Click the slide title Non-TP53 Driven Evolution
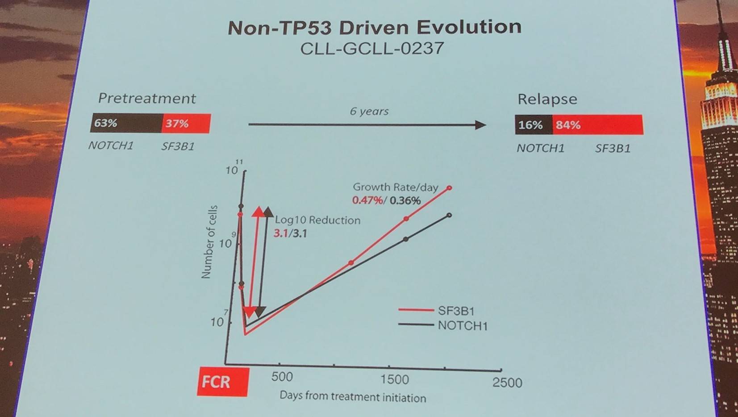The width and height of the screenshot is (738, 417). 374,28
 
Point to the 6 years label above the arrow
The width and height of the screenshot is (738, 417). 369,111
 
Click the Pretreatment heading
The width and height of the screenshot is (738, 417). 147,98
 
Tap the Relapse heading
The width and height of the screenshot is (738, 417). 547,99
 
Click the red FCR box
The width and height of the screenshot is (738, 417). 222,382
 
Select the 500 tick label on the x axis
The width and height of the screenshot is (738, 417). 282,377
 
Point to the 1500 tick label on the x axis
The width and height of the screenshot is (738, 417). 394,379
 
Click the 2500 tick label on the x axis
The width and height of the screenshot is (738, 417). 507,383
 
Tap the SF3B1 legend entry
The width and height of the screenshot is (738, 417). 456,311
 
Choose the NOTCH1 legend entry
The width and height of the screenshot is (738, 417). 462,325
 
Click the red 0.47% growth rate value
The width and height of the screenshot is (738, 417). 367,200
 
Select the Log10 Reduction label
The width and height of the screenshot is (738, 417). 317,220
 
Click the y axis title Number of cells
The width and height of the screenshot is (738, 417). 209,242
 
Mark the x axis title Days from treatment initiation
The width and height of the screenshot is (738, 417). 353,396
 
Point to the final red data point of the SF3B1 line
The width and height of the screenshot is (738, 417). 450,188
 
